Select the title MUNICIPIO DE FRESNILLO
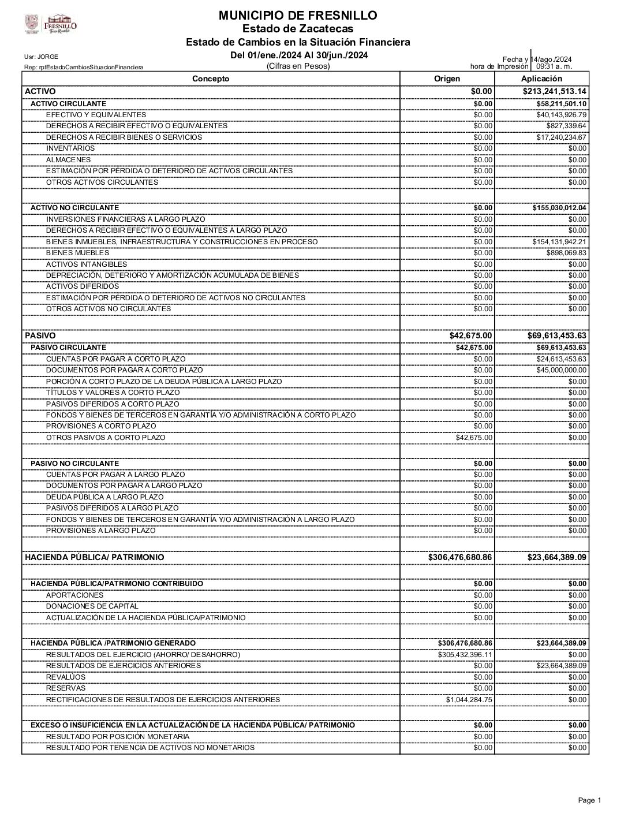pos(298,16)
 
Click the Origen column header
pos(447,79)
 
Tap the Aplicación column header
pos(541,79)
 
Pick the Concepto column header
pos(211,79)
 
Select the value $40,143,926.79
pos(561,115)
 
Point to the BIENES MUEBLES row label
pos(77,253)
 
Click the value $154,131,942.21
pos(559,242)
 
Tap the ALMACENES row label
pos(68,160)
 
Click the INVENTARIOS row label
pos(70,148)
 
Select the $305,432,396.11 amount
pos(465,655)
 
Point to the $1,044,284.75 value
pos(469,700)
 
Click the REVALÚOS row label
pos(66,677)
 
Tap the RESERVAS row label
pos(66,688)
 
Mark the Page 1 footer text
pos(589,800)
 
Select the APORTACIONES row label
pos(74,595)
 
